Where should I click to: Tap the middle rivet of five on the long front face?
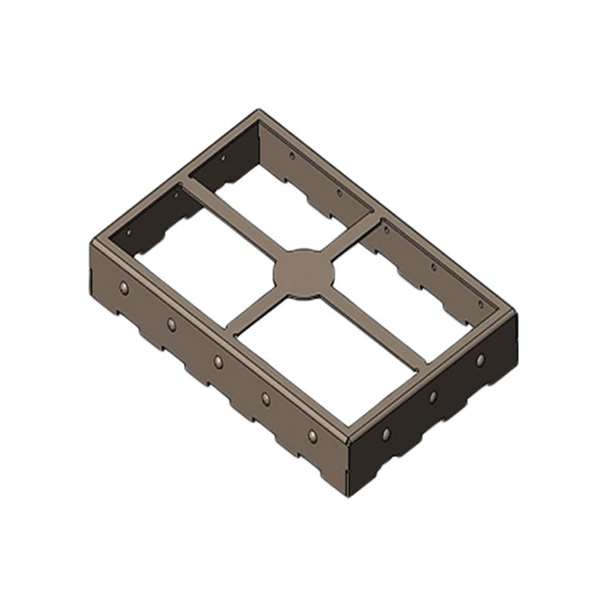pos(219,361)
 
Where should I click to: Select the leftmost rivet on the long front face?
pos(124,288)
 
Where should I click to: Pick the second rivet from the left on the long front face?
pos(171,324)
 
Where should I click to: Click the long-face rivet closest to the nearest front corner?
pos(312,436)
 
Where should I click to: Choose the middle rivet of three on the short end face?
pos(432,397)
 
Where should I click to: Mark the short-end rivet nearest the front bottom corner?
pos(385,434)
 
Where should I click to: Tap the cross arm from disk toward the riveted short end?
pos(372,327)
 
